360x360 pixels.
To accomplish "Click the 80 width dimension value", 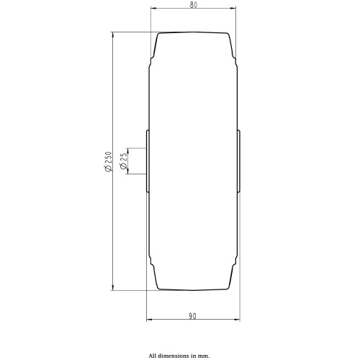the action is pos(194,5).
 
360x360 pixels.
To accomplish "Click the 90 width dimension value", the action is pos(192,316).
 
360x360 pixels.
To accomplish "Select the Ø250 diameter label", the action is pos(108,161).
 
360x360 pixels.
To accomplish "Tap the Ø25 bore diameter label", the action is pos(123,161).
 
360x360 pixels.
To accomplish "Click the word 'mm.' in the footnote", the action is pos(204,356).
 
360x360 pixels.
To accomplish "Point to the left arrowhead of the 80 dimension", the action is pos(153,9).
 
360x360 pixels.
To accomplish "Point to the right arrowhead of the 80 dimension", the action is pos(233,9).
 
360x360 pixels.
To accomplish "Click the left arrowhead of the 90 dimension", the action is pos(149,320).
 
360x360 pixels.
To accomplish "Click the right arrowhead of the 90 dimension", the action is pos(237,320).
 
